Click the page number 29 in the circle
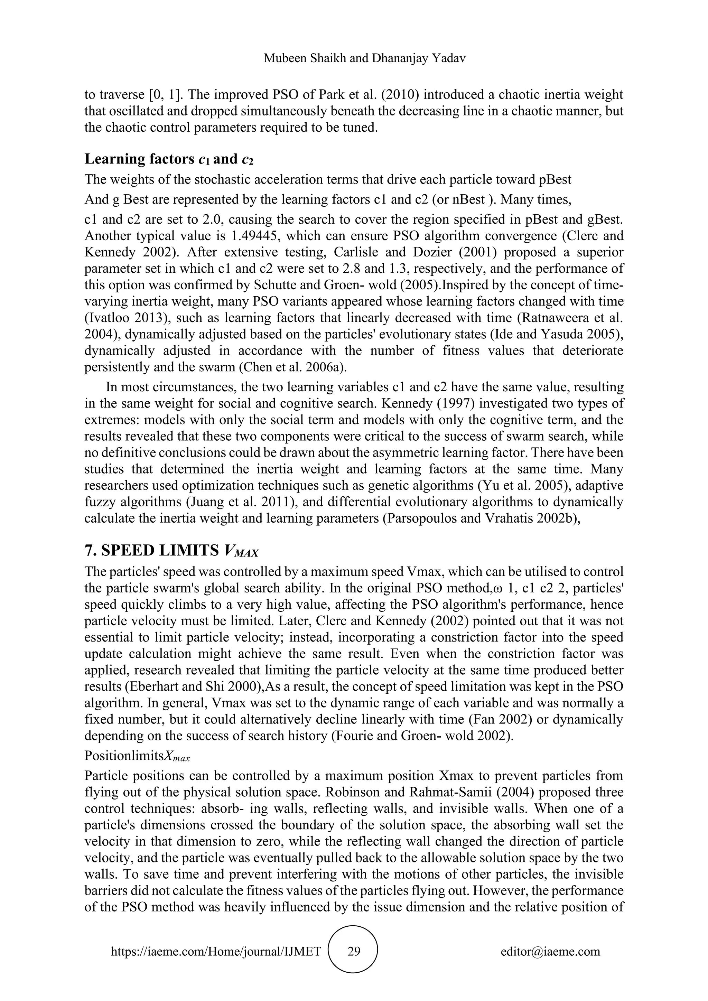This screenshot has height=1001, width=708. click(354, 951)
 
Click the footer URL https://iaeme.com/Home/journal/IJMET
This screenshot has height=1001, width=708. click(216, 951)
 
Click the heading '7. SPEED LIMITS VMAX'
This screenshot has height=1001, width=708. click(172, 551)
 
